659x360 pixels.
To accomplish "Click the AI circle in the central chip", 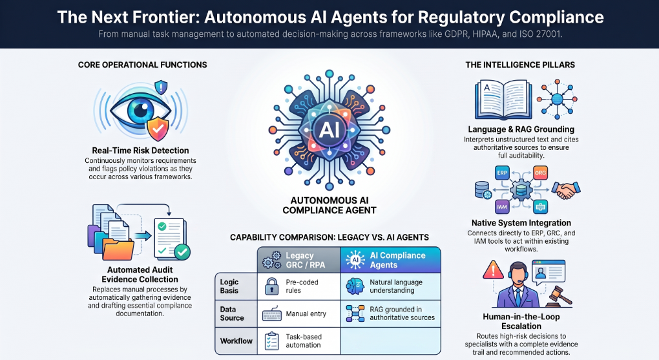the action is pyautogui.click(x=329, y=129).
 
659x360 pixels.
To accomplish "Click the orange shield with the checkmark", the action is pyautogui.click(x=158, y=129).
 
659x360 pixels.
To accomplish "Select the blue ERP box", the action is pyautogui.click(x=502, y=173).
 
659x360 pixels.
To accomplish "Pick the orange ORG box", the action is pyautogui.click(x=540, y=173).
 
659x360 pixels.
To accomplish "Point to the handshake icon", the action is pyautogui.click(x=566, y=189).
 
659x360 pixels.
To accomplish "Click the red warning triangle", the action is pyautogui.click(x=493, y=270).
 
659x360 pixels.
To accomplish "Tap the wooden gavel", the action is pyautogui.click(x=558, y=295).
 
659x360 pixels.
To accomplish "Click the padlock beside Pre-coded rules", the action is pyautogui.click(x=271, y=286).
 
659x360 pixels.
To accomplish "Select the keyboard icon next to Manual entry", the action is pyautogui.click(x=271, y=314).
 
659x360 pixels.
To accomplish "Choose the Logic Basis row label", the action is pyautogui.click(x=229, y=286).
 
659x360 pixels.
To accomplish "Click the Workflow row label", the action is pyautogui.click(x=236, y=341).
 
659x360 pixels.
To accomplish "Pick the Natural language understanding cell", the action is pyautogui.click(x=390, y=286).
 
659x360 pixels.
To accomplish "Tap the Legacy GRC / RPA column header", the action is pyautogui.click(x=299, y=260).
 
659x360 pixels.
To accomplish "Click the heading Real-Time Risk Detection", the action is pyautogui.click(x=140, y=151).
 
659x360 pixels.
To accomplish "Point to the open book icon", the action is pyautogui.click(x=503, y=100).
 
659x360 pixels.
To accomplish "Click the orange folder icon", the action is pyautogui.click(x=118, y=249).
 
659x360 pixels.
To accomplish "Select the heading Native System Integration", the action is pyautogui.click(x=521, y=223).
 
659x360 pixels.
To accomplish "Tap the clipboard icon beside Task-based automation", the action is pyautogui.click(x=271, y=341).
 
